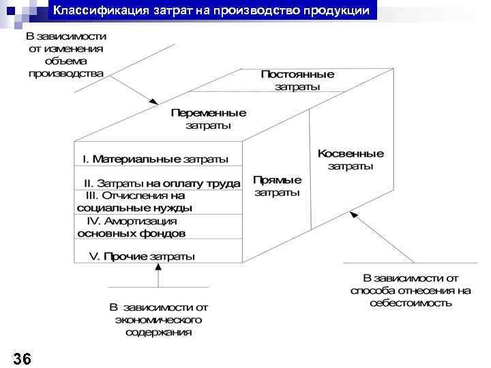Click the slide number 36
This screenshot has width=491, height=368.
(x=22, y=358)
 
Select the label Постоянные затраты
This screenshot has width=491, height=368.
(x=297, y=80)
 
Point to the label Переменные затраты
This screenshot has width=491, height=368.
(x=208, y=119)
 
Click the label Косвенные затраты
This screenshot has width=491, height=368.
(x=351, y=159)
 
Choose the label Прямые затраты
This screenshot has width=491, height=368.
(x=277, y=186)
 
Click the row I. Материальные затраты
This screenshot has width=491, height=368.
(x=155, y=159)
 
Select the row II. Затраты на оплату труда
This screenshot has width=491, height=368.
(x=162, y=183)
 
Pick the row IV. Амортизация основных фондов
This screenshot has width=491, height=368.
(x=132, y=227)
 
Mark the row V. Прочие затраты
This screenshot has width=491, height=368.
(x=142, y=256)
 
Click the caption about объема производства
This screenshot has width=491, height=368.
(x=66, y=54)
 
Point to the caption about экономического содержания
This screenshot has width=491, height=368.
(x=158, y=320)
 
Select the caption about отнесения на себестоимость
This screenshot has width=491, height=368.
(x=411, y=290)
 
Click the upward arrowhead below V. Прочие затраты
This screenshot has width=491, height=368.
(x=158, y=267)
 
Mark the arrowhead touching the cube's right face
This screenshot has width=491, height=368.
(x=353, y=213)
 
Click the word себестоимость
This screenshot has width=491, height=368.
(x=411, y=303)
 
